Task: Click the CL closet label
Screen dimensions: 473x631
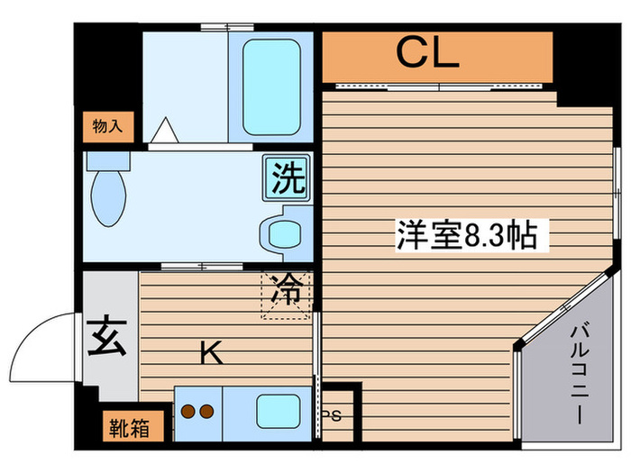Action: click(x=428, y=55)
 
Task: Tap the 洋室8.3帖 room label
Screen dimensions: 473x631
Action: click(x=466, y=236)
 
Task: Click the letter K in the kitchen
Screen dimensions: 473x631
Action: click(x=212, y=354)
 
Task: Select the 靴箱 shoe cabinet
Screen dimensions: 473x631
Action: click(x=131, y=426)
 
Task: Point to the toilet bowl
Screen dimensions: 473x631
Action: click(x=109, y=201)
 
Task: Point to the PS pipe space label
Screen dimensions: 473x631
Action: click(x=333, y=415)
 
